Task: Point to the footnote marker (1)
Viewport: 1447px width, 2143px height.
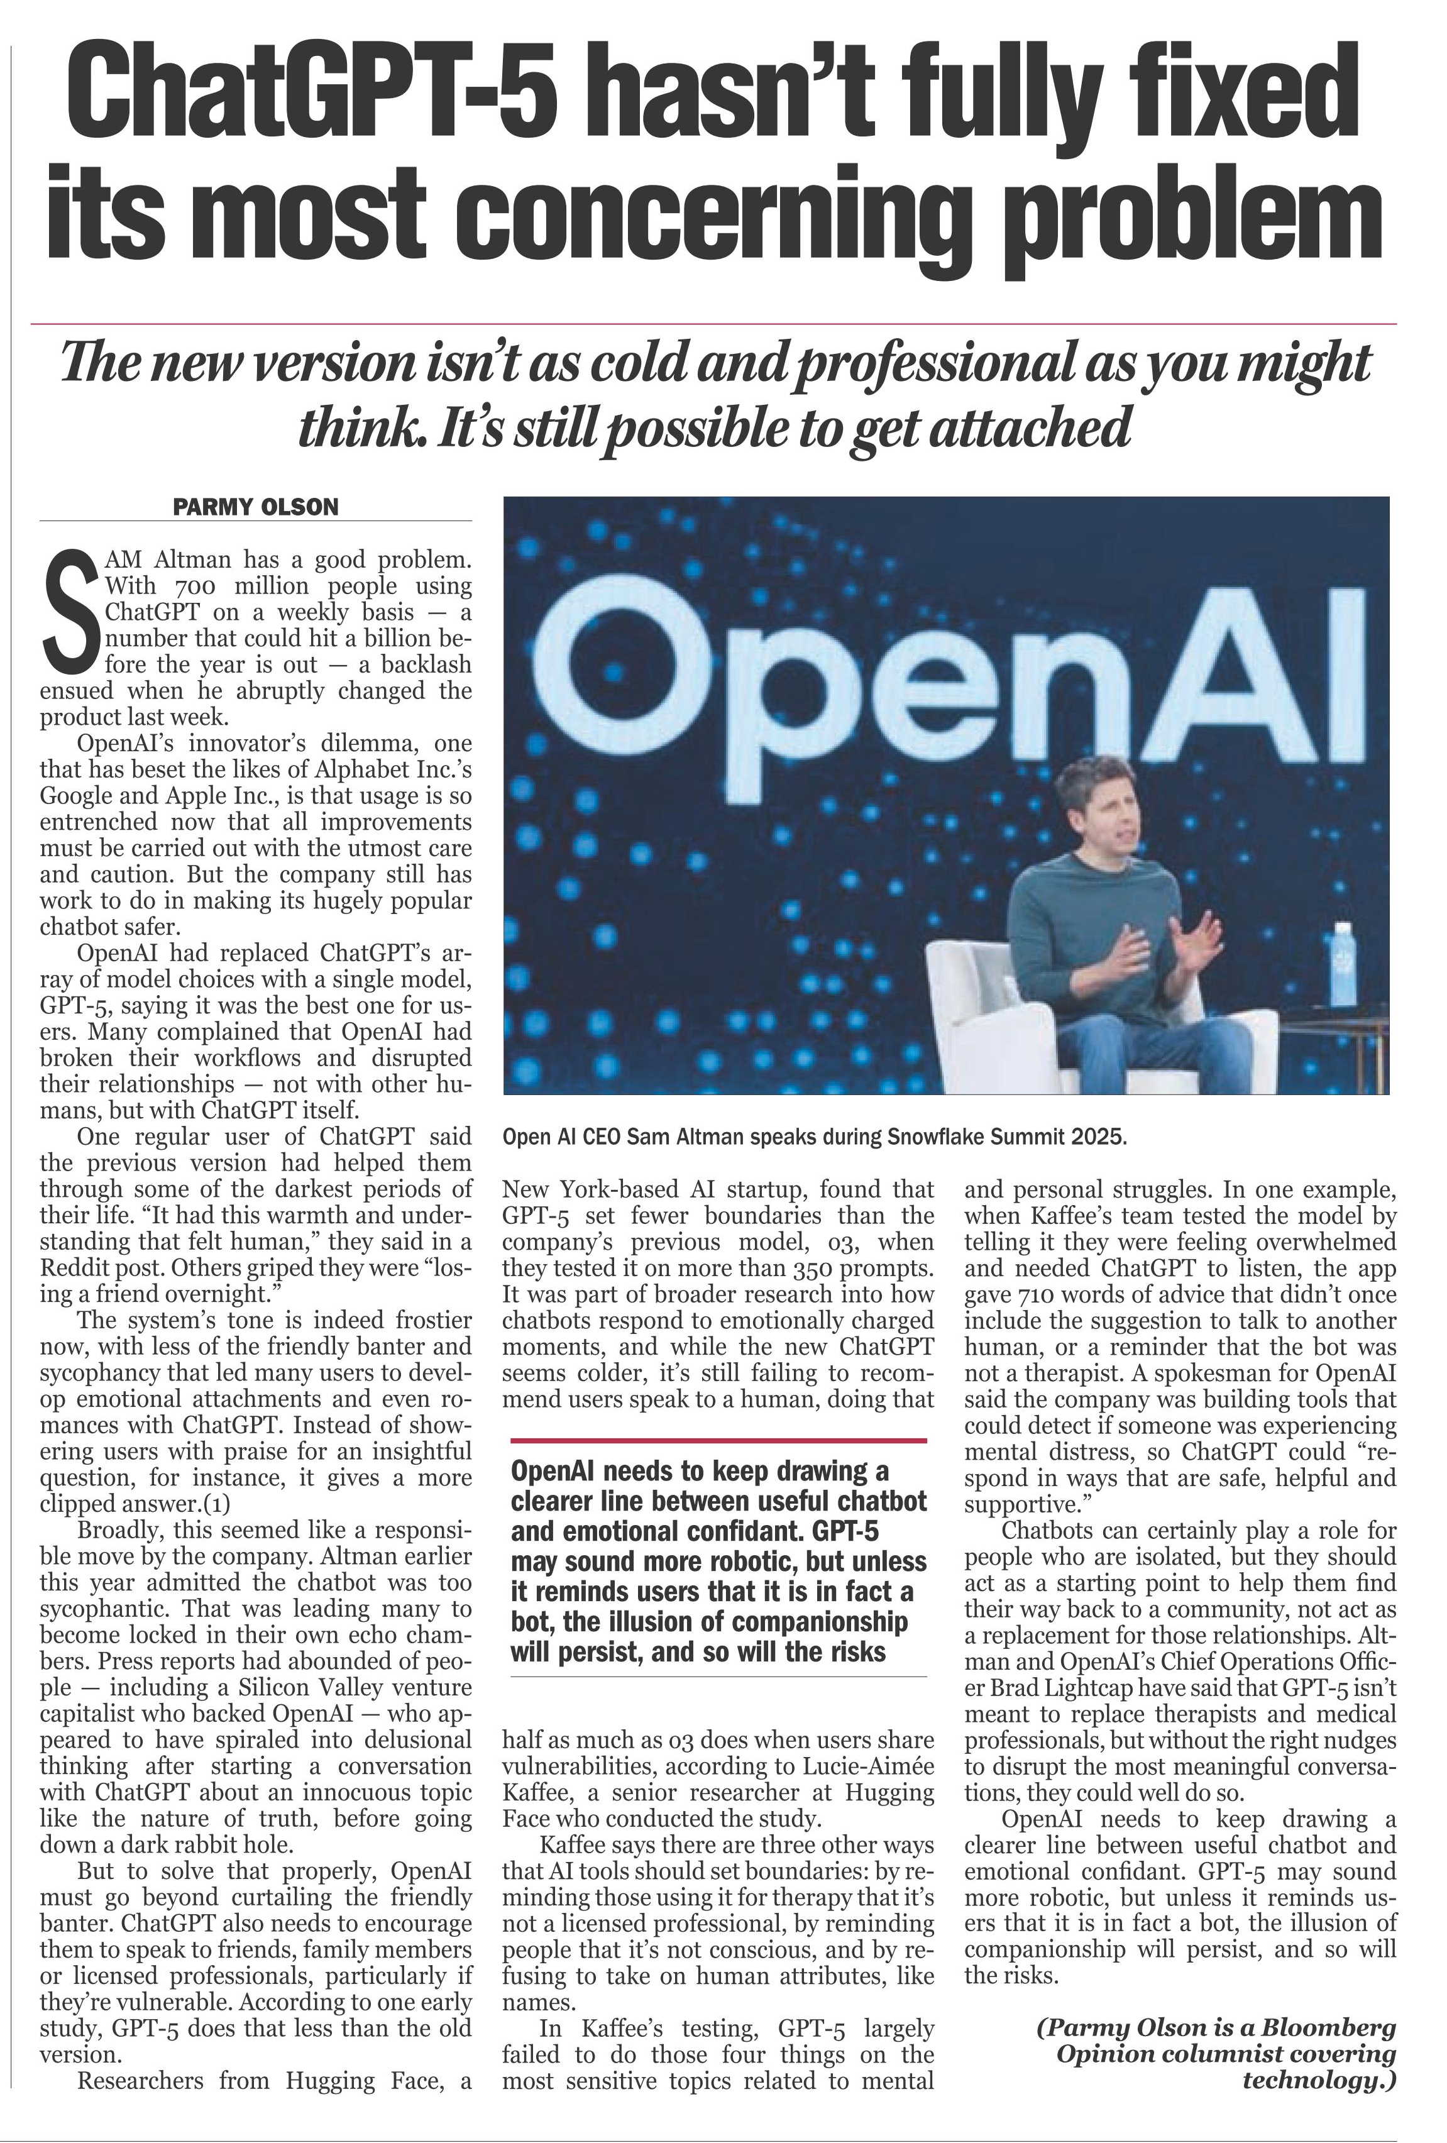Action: pos(211,1504)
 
